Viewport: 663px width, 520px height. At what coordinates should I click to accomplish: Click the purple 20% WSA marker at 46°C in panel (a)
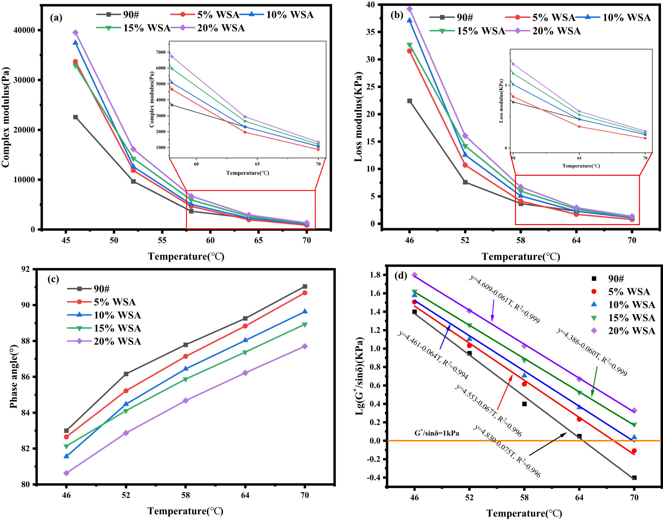pyautogui.click(x=75, y=32)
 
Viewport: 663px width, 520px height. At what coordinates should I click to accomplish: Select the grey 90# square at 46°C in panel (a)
pyautogui.click(x=75, y=117)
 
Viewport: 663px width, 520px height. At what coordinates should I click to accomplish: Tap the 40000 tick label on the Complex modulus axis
pyautogui.click(x=24, y=30)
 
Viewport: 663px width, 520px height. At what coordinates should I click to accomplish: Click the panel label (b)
pyautogui.click(x=397, y=15)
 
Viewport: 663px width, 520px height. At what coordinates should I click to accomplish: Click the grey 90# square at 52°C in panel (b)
pyautogui.click(x=465, y=182)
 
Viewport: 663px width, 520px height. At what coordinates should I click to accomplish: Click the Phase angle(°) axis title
pyautogui.click(x=13, y=376)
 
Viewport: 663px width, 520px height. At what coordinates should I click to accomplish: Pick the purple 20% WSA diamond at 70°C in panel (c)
pyautogui.click(x=305, y=346)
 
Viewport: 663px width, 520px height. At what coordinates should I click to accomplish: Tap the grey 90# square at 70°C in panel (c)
pyautogui.click(x=305, y=286)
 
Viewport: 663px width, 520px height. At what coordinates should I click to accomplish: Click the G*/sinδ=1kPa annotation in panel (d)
pyautogui.click(x=437, y=433)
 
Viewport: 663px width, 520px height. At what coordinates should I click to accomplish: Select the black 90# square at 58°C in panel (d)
pyautogui.click(x=524, y=404)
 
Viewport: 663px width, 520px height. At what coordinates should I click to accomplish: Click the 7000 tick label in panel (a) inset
pyautogui.click(x=161, y=52)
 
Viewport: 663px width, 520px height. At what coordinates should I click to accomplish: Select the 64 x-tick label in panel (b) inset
pyautogui.click(x=579, y=158)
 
